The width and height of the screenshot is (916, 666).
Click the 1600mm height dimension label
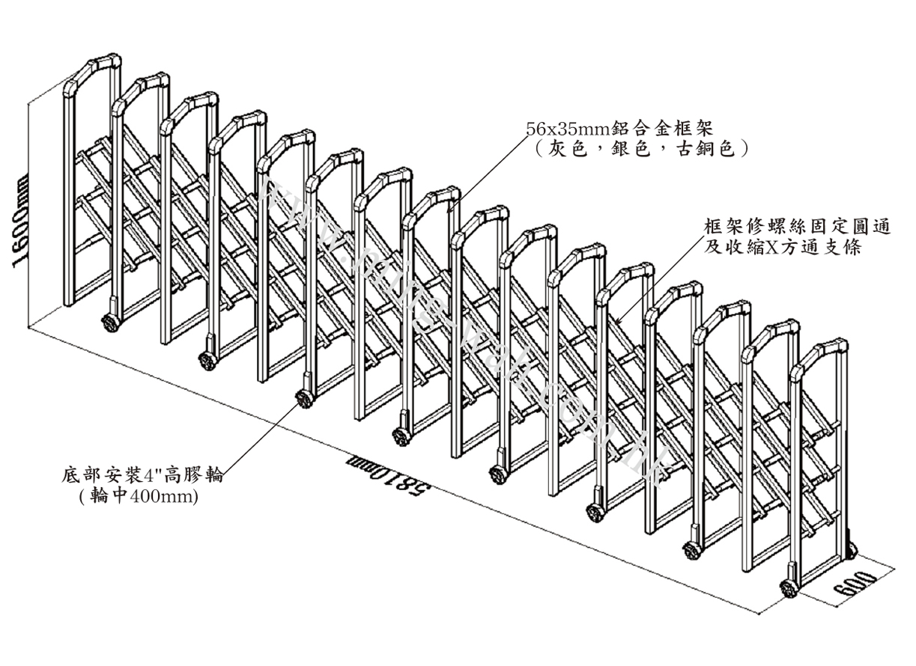coord(17,222)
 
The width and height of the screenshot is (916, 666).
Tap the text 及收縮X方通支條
coord(783,246)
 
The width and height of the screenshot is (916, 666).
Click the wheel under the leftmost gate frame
coord(109,324)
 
